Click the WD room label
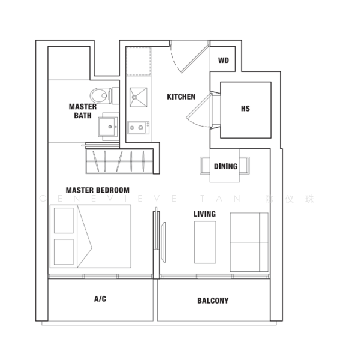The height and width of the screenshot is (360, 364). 224,61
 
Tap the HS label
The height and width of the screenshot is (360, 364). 245,109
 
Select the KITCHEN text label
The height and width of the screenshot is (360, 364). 181,97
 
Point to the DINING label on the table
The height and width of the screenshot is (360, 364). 225,166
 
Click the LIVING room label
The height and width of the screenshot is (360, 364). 204,214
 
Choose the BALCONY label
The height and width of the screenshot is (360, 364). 213,301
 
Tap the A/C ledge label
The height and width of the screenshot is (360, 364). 100,299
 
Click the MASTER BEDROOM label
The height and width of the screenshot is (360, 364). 98,190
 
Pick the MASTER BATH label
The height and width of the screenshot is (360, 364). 83,111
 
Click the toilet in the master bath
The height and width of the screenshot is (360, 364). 104,95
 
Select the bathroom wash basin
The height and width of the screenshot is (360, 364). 108,127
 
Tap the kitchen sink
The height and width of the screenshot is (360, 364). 138,97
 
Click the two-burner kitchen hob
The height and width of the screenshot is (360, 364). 138,128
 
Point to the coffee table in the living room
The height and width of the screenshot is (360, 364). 205,242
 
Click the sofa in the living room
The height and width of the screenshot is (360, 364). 249,242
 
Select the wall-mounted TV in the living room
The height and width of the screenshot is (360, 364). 164,242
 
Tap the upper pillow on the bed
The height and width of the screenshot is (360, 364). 64,220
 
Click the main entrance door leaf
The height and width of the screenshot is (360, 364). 194,59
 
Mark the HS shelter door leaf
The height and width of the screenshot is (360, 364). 199,106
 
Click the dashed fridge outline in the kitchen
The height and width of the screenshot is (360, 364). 139,61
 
